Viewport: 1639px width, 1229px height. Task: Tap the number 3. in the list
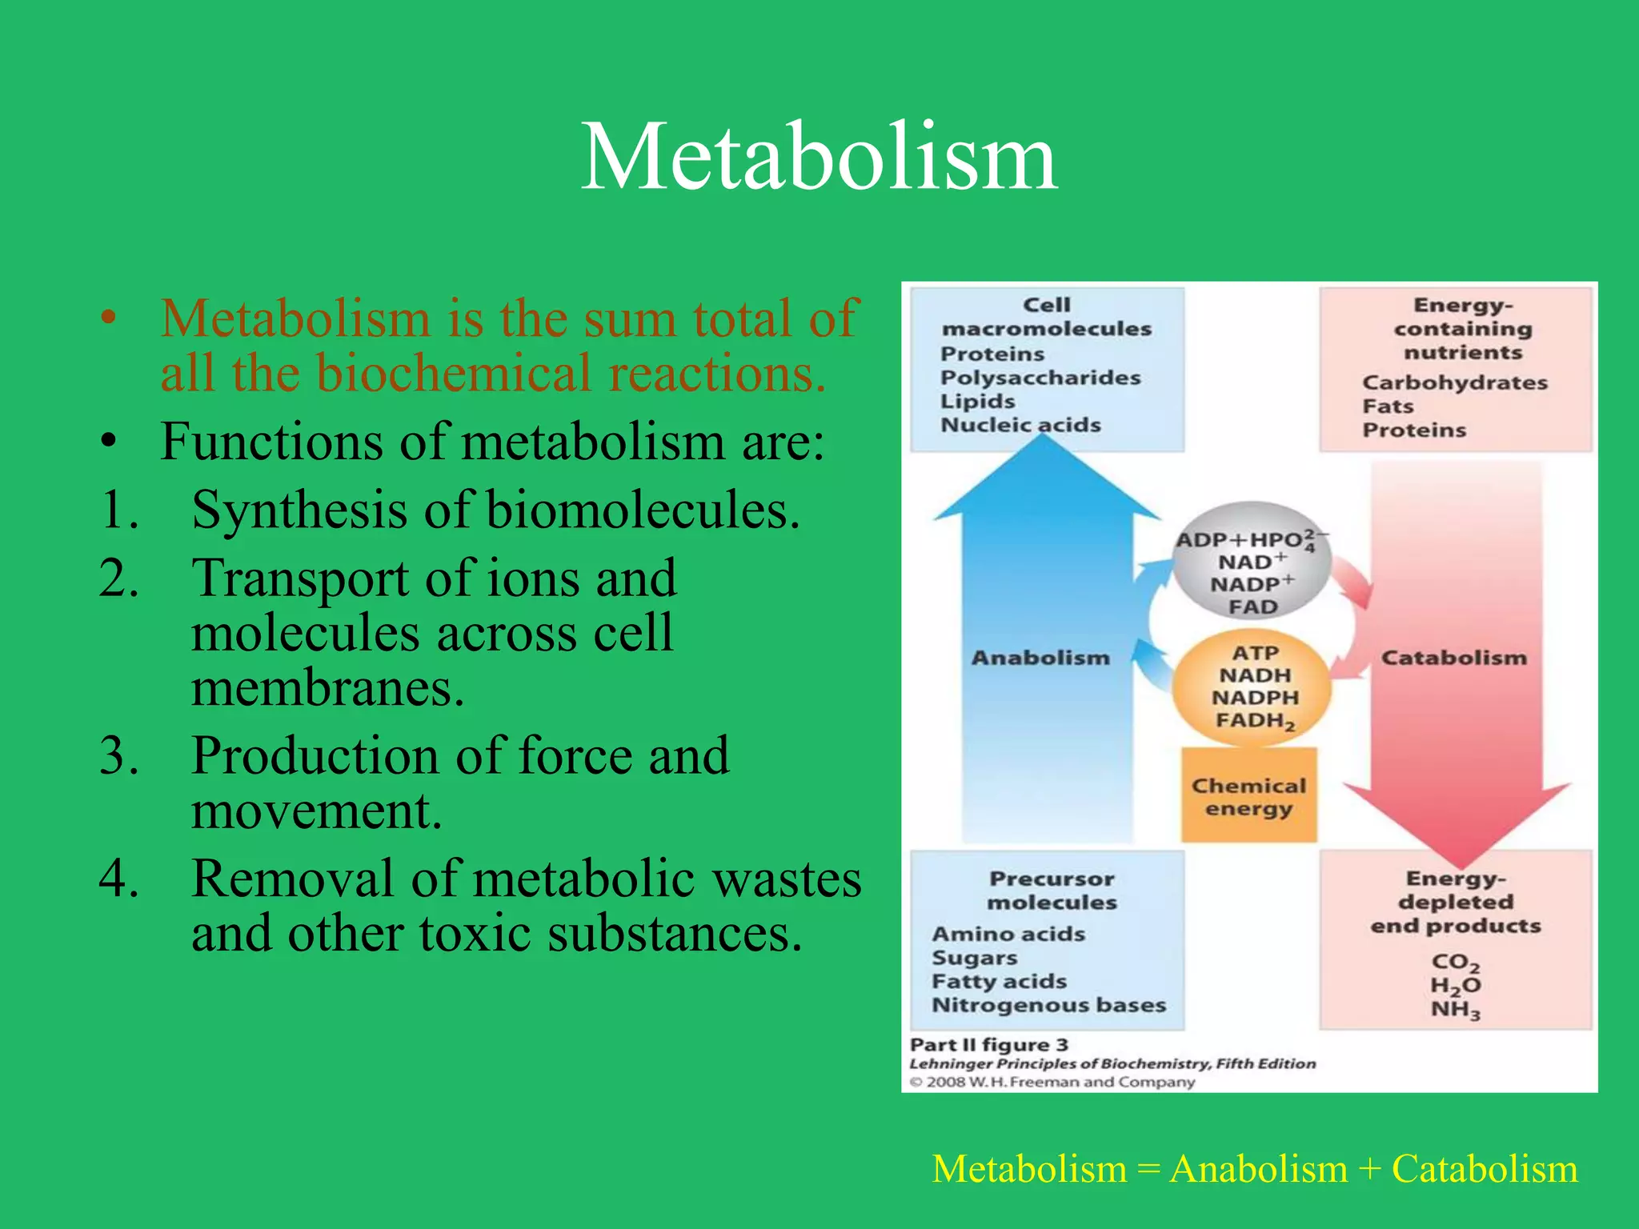coord(119,755)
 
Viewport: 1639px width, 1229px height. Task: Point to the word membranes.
coord(327,688)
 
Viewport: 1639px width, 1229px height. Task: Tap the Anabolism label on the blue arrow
coord(1040,658)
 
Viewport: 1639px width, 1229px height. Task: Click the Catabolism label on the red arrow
coord(1454,658)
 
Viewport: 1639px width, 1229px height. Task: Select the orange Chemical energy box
coord(1248,797)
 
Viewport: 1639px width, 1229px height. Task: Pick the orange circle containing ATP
coord(1253,687)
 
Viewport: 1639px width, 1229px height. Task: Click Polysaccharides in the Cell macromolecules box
coord(1040,378)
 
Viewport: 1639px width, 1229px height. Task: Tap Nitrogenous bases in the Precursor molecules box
coord(1048,1005)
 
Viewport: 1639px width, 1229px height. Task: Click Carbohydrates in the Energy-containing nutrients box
coord(1455,382)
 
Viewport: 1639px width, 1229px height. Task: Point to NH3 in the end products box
coord(1455,1010)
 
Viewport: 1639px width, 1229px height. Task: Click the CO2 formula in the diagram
coord(1455,962)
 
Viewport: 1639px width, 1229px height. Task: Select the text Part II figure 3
coord(989,1045)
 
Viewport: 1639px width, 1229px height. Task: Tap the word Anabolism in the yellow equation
coord(1258,1169)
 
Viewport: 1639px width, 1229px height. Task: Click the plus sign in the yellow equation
coord(1369,1170)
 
